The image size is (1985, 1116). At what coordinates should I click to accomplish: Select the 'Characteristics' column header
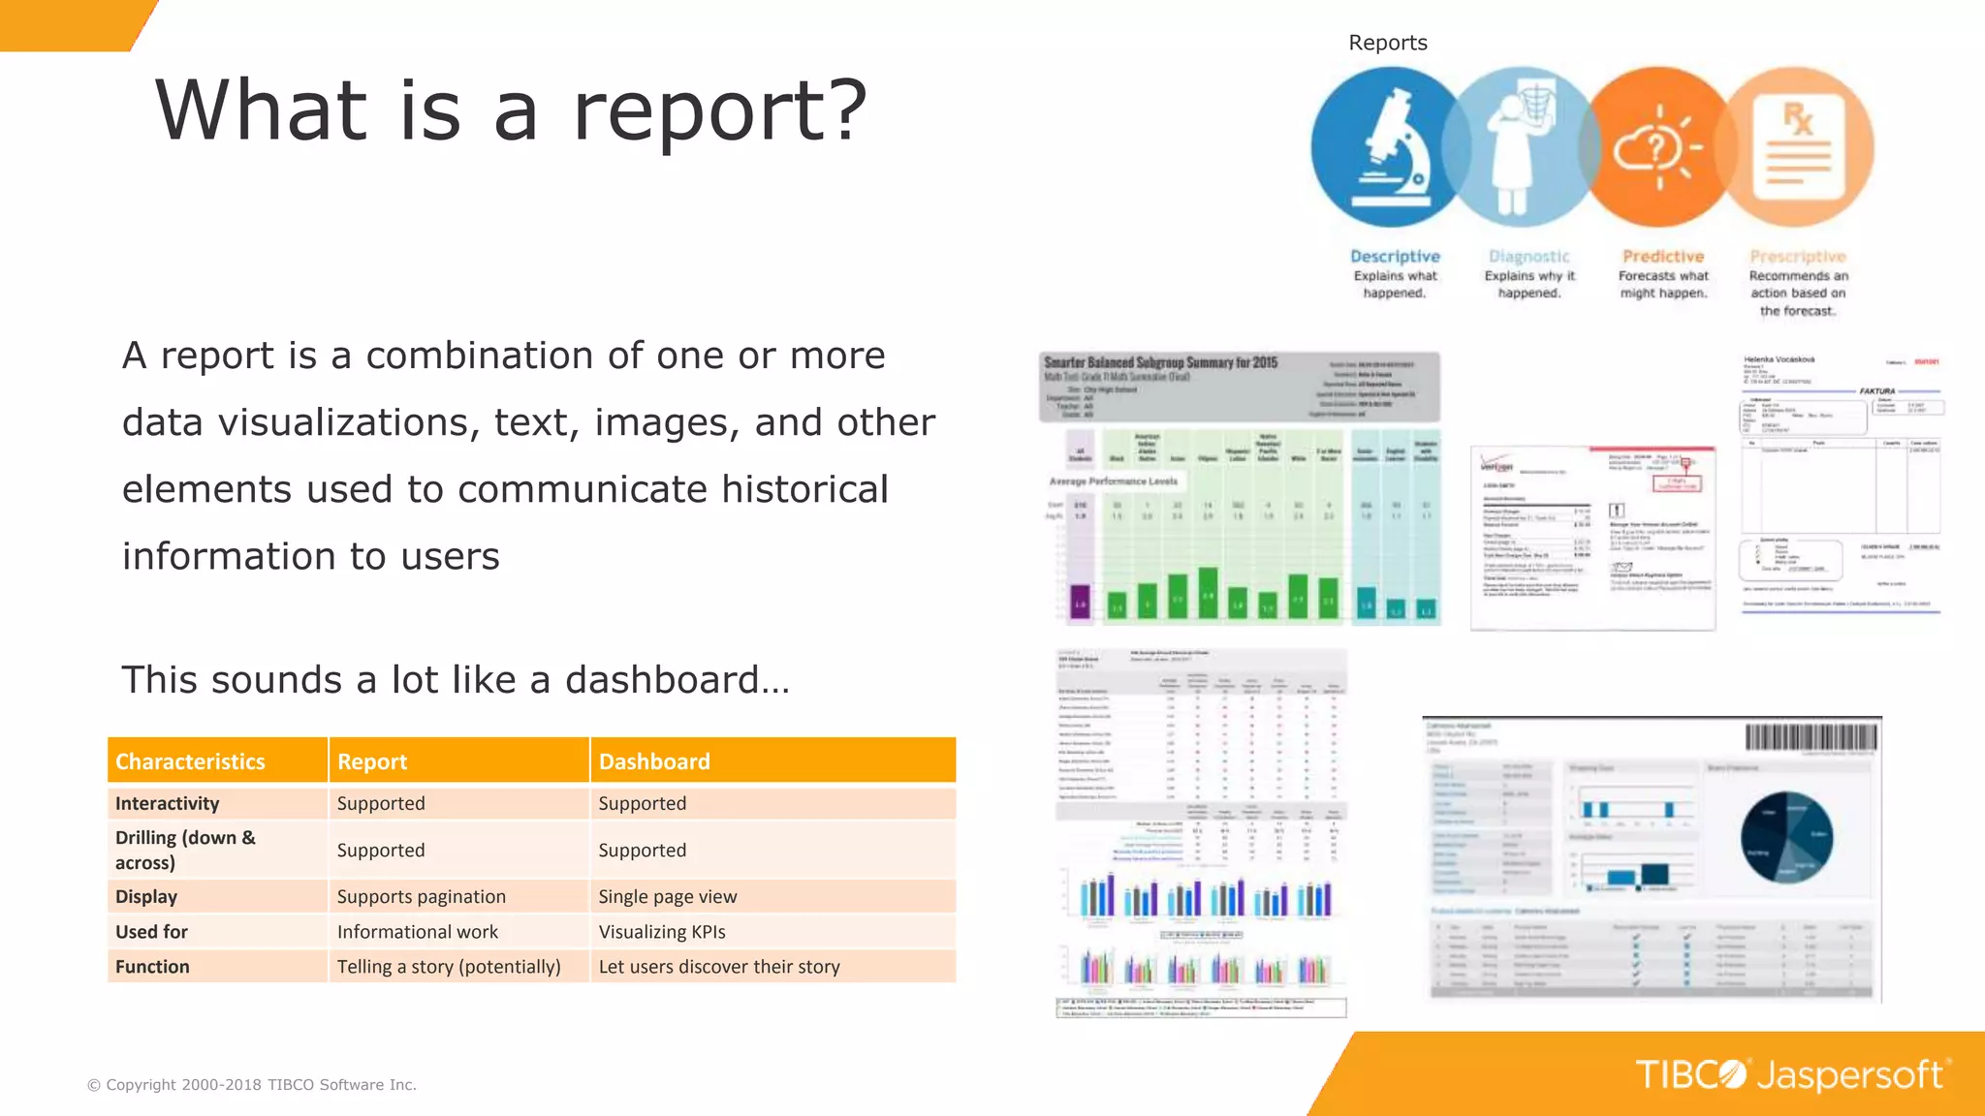tap(190, 761)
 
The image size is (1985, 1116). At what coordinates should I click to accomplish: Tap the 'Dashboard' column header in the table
tap(654, 761)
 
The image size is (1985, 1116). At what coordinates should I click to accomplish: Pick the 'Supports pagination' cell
tap(422, 897)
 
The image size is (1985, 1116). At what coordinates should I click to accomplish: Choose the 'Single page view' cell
tap(668, 897)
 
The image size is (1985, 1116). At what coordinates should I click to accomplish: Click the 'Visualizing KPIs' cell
tap(662, 932)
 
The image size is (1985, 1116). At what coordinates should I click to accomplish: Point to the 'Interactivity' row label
tap(168, 803)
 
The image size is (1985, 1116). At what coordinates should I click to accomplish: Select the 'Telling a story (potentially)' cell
tap(449, 967)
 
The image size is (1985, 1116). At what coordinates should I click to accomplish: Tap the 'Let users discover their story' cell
tap(719, 967)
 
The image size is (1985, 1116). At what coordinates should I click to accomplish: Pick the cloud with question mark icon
tap(1654, 148)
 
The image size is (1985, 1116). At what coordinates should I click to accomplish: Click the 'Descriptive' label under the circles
tap(1395, 257)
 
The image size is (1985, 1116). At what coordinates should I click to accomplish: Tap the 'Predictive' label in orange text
tap(1663, 257)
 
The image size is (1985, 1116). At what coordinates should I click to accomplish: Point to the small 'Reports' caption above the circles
tap(1388, 43)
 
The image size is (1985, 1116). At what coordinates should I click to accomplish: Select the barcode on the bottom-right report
tap(1810, 738)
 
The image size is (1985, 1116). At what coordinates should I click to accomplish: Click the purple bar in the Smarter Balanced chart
tap(1080, 602)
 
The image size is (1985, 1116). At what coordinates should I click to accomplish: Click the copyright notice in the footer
tap(252, 1085)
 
